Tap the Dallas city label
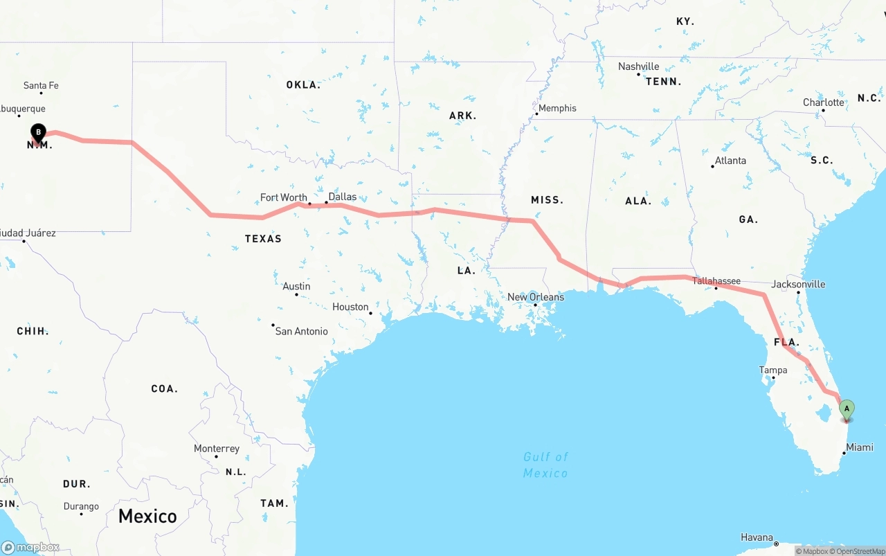point(343,197)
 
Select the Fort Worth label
point(284,197)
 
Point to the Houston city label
point(350,307)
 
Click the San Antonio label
point(302,331)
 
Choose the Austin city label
point(296,286)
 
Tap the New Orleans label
point(536,297)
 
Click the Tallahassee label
point(716,281)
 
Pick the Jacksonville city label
point(798,284)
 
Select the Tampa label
point(773,370)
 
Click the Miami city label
point(860,447)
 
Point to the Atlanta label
point(730,161)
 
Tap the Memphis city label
point(557,108)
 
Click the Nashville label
point(638,66)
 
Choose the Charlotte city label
point(824,102)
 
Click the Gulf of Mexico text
point(545,465)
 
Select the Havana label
point(757,537)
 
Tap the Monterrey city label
point(217,449)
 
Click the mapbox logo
point(30,547)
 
